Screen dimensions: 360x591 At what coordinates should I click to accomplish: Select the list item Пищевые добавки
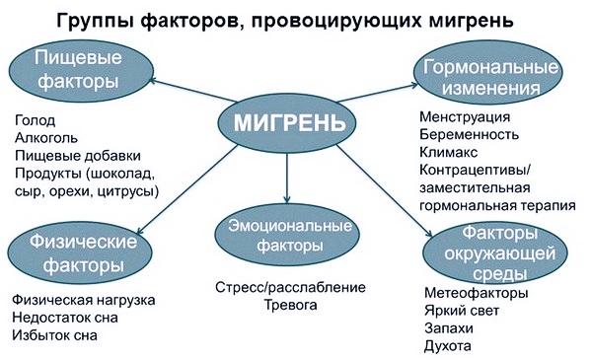[x=77, y=156]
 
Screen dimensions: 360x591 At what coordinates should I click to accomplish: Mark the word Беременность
[x=468, y=136]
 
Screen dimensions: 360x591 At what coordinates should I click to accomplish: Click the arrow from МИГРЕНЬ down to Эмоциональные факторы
[x=285, y=176]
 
